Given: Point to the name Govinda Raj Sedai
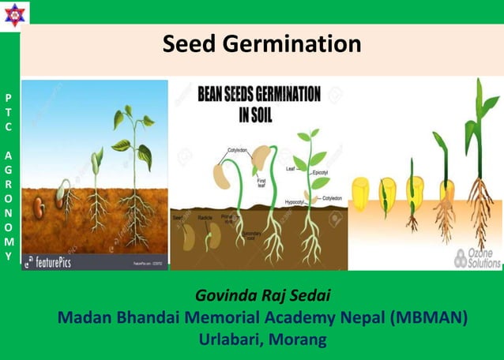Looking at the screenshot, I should (x=261, y=297).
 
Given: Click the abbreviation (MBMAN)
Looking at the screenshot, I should (x=429, y=318).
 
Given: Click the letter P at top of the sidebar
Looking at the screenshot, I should (x=8, y=98).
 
